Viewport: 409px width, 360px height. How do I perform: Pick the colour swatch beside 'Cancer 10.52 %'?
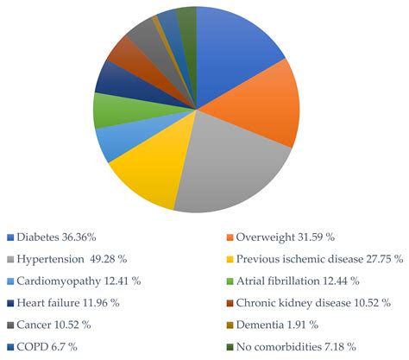pyautogui.click(x=9, y=325)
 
